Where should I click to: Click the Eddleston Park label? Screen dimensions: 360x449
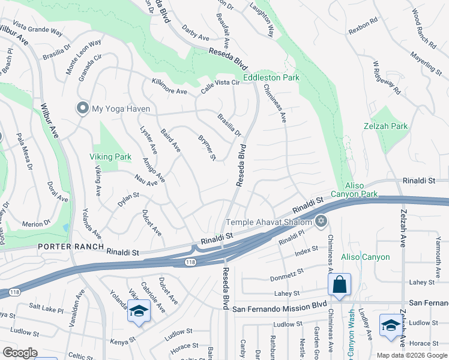coord(271,78)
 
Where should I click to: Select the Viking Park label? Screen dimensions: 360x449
coord(110,157)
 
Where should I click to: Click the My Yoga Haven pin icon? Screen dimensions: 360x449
coord(82,109)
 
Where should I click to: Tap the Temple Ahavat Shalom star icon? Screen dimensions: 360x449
coord(321,221)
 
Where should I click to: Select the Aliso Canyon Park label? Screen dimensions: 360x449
coord(362,190)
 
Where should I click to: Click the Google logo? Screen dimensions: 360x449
coord(19,353)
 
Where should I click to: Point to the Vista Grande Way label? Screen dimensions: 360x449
coord(37,29)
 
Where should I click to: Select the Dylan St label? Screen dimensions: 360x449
coord(128,199)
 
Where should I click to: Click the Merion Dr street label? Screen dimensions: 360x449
coord(36,223)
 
